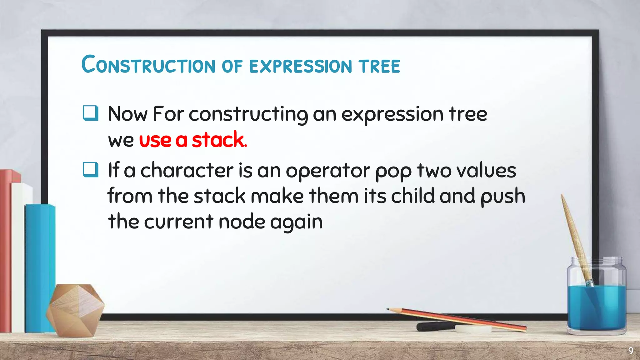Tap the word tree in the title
point(379,66)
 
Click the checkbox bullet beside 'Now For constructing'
point(91,113)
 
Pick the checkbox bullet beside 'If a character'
point(91,170)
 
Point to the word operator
point(328,171)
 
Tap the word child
point(413,196)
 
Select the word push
point(503,197)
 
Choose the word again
point(296,222)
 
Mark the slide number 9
point(631,351)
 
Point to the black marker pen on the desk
point(434,326)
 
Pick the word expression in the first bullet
point(392,114)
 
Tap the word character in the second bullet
point(187,171)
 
